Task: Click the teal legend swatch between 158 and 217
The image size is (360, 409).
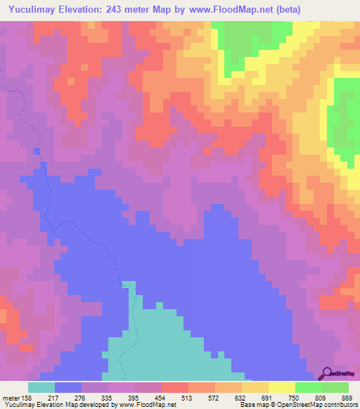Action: click(x=41, y=387)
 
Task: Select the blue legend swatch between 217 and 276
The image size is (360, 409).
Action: click(x=68, y=387)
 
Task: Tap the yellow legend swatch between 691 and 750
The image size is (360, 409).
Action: click(x=281, y=387)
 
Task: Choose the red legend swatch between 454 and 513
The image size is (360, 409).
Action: click(x=175, y=387)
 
